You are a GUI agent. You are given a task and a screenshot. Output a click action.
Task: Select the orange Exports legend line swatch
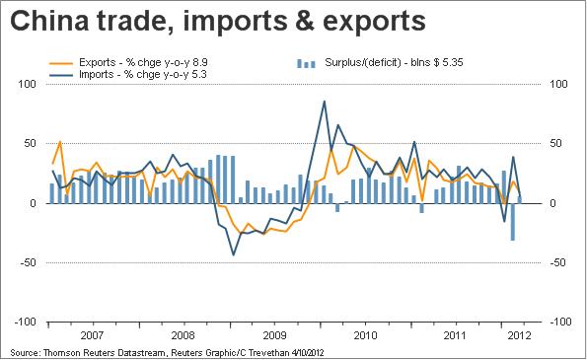(x=61, y=64)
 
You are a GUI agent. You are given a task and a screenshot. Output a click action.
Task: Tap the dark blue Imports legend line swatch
(x=61, y=75)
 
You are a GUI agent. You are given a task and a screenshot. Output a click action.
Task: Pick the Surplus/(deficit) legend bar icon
(x=306, y=63)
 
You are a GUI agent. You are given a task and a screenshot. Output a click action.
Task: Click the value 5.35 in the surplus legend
(x=452, y=62)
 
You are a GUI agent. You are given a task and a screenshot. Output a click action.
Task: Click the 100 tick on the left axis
(x=27, y=84)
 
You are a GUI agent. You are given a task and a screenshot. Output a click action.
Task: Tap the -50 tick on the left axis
(x=28, y=262)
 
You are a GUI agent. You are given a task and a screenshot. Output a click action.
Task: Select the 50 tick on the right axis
(x=556, y=143)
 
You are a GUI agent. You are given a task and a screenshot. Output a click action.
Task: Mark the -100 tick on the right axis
(x=560, y=322)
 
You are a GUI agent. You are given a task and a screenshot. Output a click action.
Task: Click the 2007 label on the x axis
(x=92, y=335)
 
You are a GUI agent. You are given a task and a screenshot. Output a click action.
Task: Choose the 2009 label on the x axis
(x=274, y=335)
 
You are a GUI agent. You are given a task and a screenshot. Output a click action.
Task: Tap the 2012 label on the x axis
(x=519, y=335)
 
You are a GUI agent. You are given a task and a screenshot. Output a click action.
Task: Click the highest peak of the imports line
(x=324, y=101)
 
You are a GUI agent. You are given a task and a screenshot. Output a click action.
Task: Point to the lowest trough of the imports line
(x=234, y=255)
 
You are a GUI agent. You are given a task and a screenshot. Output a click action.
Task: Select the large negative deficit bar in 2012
(x=512, y=222)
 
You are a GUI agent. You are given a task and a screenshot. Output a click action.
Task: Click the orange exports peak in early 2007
(x=60, y=141)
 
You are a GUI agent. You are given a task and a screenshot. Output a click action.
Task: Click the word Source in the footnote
(x=25, y=352)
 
